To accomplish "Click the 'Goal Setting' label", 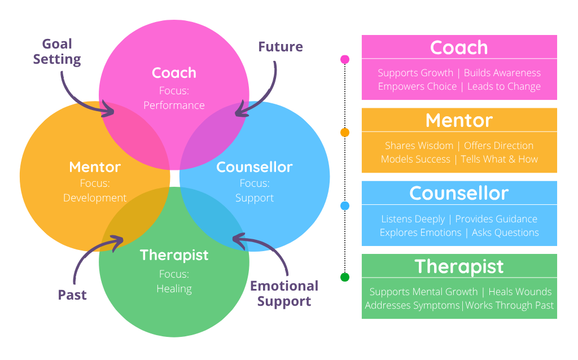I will (57, 51).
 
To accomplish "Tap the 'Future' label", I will (281, 47).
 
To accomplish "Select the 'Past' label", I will (72, 295).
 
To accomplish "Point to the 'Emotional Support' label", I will (284, 293).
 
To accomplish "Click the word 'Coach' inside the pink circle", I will (174, 73).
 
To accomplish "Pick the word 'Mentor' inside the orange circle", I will (95, 167).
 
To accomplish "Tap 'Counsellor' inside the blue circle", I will (254, 167).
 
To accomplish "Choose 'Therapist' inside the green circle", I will (174, 255).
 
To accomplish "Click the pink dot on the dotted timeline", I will (345, 59).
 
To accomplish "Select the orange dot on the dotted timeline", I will (345, 133).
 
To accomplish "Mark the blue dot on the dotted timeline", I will (345, 206).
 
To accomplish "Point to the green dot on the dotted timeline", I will (345, 277).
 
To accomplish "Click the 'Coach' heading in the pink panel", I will (459, 47).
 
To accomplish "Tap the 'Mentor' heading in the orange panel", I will (459, 120).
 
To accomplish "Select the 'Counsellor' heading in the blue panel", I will (459, 193).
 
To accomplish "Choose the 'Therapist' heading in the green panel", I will (459, 266).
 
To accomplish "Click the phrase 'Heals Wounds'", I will (520, 292).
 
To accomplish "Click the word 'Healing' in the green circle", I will (174, 288).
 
